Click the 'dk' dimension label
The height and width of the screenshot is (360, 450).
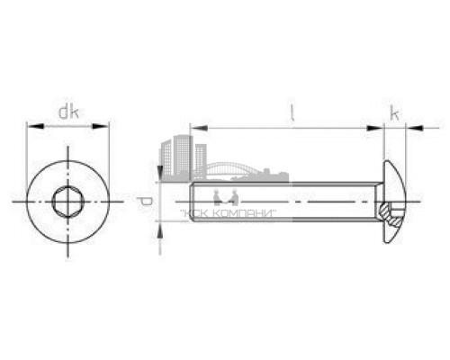pos(68,112)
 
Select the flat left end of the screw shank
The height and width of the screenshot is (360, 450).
pos(191,202)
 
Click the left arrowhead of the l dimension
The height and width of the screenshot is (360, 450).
pos(195,129)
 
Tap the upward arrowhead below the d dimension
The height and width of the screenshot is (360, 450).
pos(161,228)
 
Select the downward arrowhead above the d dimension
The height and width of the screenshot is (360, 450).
pos(161,175)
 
